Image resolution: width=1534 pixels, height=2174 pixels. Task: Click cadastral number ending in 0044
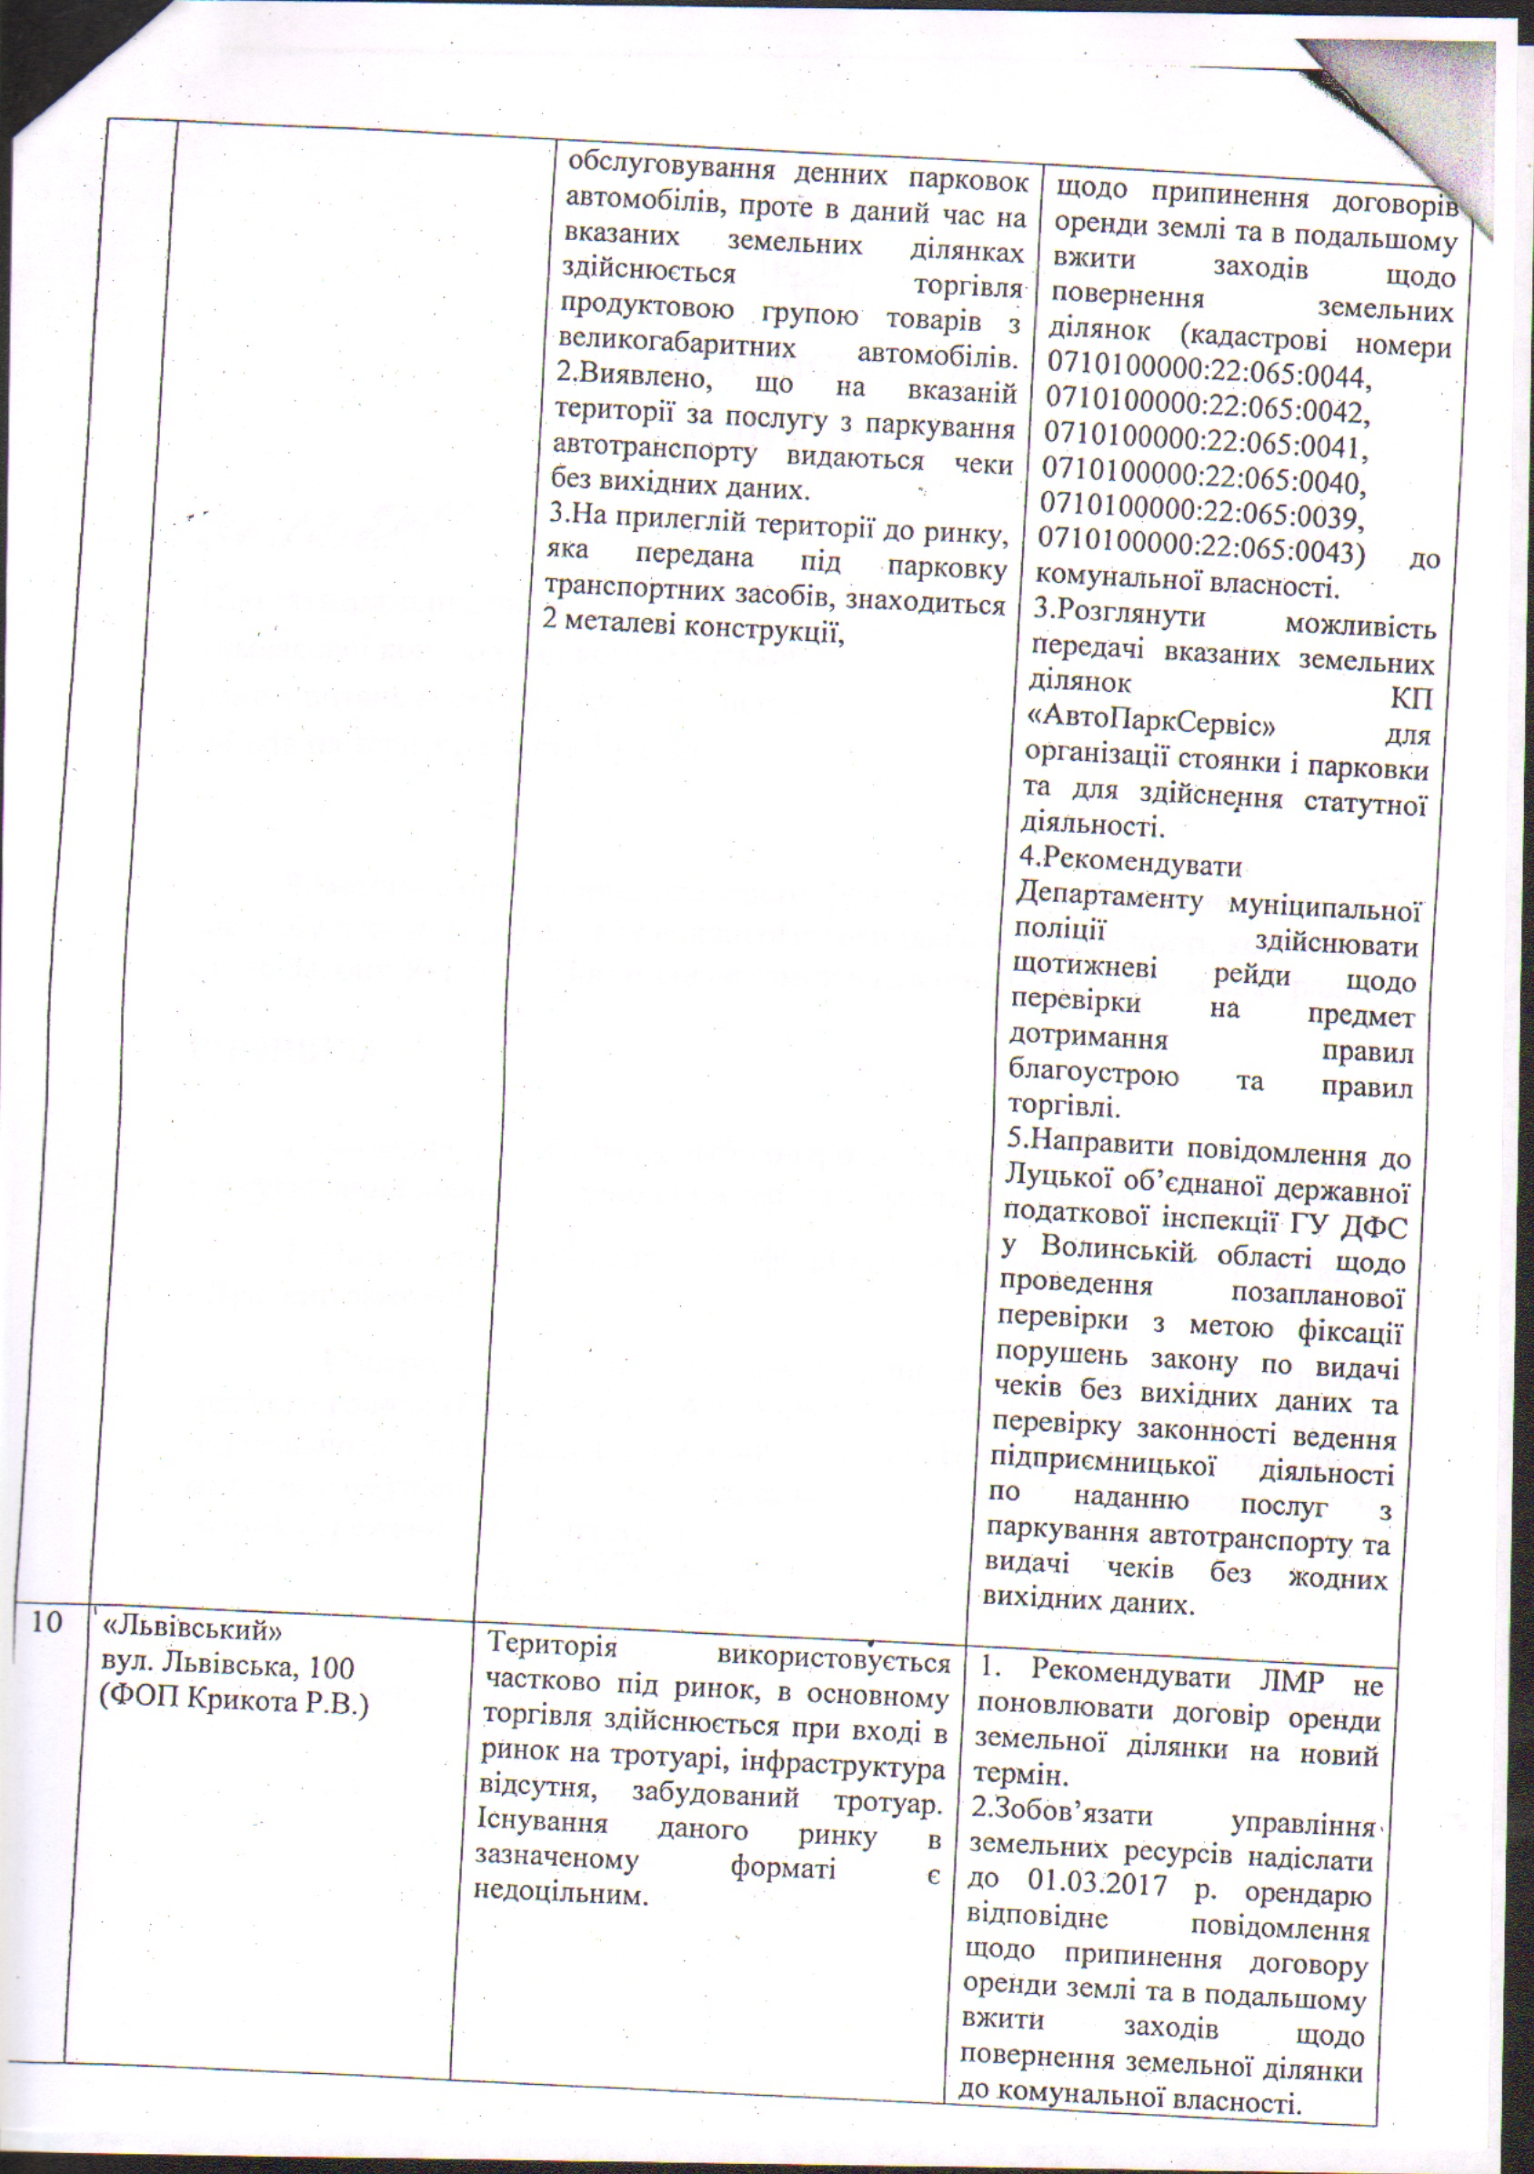coord(1210,376)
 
